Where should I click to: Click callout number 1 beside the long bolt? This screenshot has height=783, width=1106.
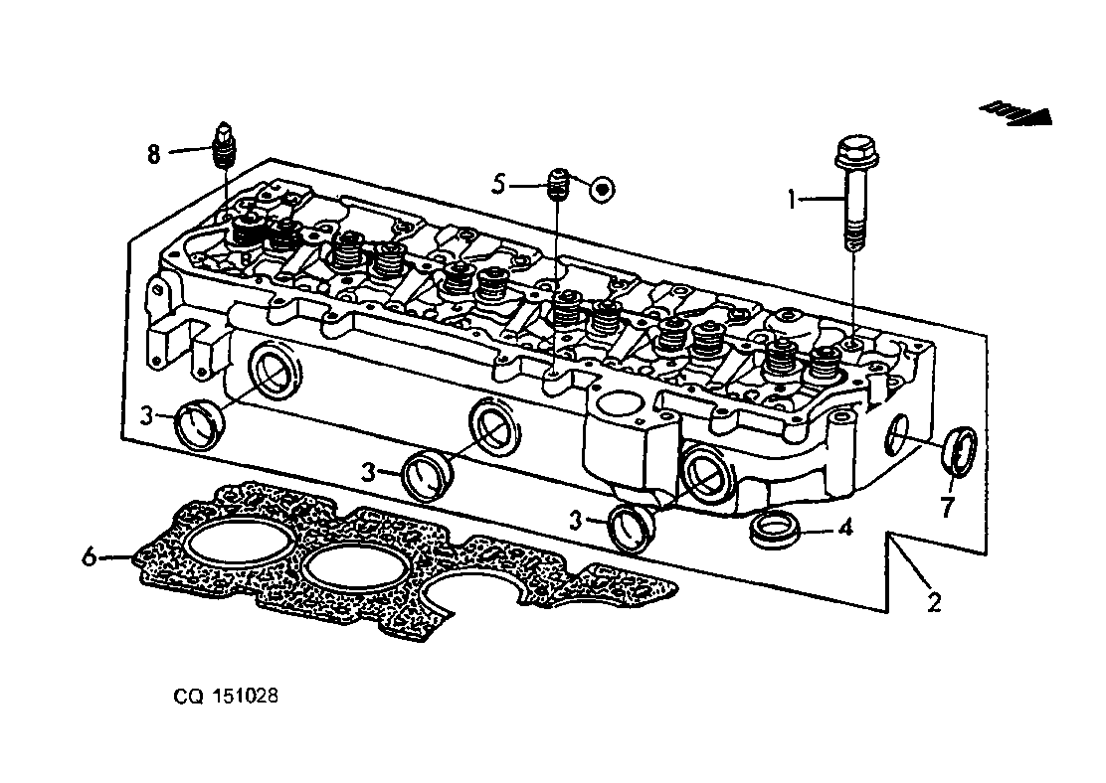point(792,200)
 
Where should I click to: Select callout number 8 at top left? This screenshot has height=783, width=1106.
point(154,153)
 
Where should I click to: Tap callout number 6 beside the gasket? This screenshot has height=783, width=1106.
point(89,556)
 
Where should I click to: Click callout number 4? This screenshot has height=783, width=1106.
point(845,527)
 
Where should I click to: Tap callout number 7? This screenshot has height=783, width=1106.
point(947,506)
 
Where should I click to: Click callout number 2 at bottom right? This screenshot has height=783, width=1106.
point(935,602)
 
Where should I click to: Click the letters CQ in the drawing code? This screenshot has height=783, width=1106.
point(189,697)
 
